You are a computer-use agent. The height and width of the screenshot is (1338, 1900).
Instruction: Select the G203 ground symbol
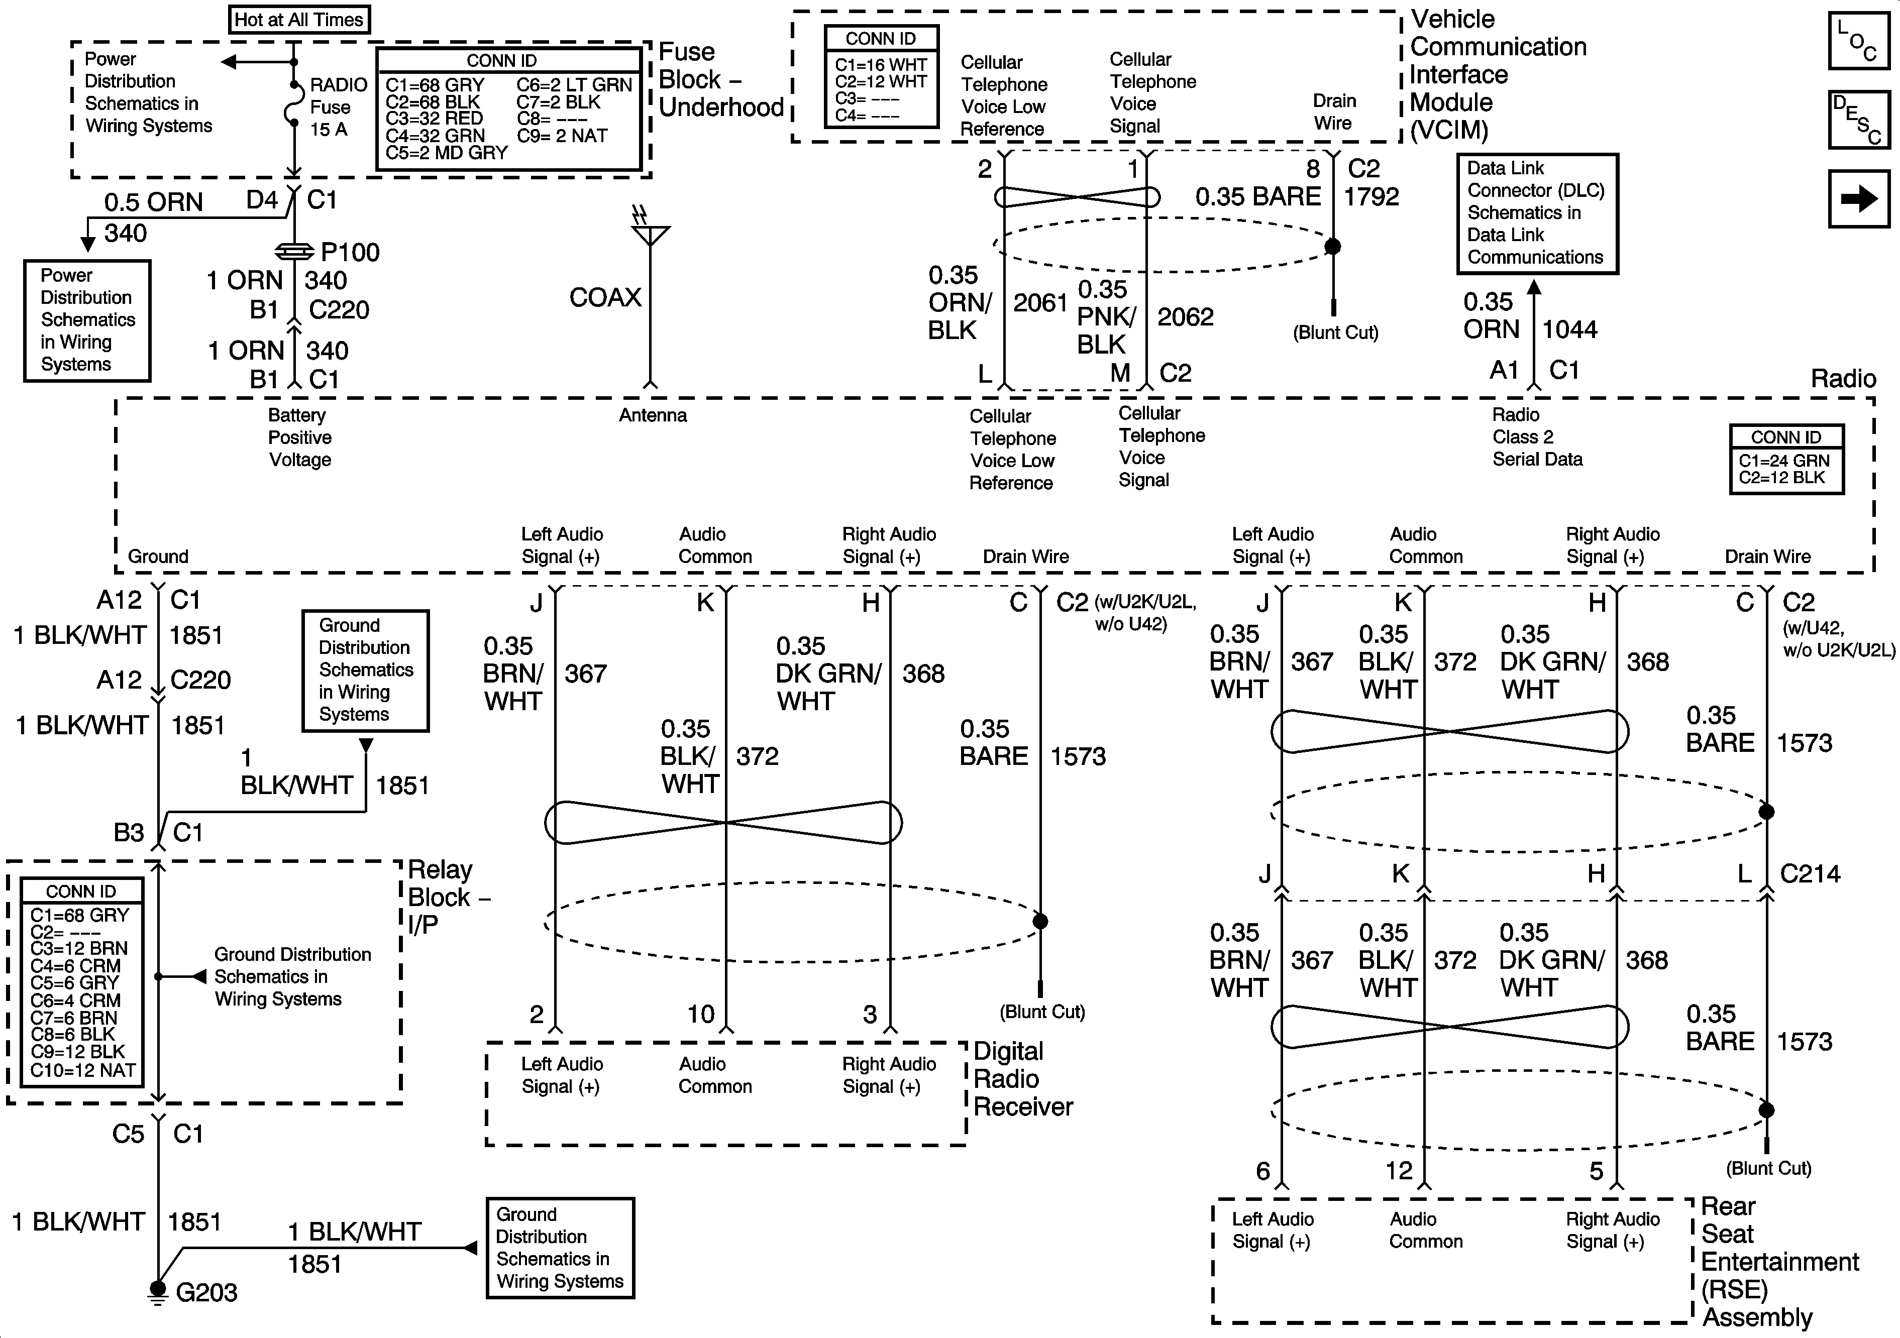(x=157, y=1291)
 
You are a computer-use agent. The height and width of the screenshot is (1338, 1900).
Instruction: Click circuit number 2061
(x=1040, y=303)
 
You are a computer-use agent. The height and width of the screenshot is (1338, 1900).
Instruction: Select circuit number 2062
(x=1185, y=317)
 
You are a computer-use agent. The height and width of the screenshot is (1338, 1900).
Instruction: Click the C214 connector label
(x=1810, y=874)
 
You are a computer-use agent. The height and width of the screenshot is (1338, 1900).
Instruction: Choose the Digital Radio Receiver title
(x=1023, y=1079)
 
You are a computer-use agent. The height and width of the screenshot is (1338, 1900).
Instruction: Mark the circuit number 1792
(x=1371, y=197)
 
